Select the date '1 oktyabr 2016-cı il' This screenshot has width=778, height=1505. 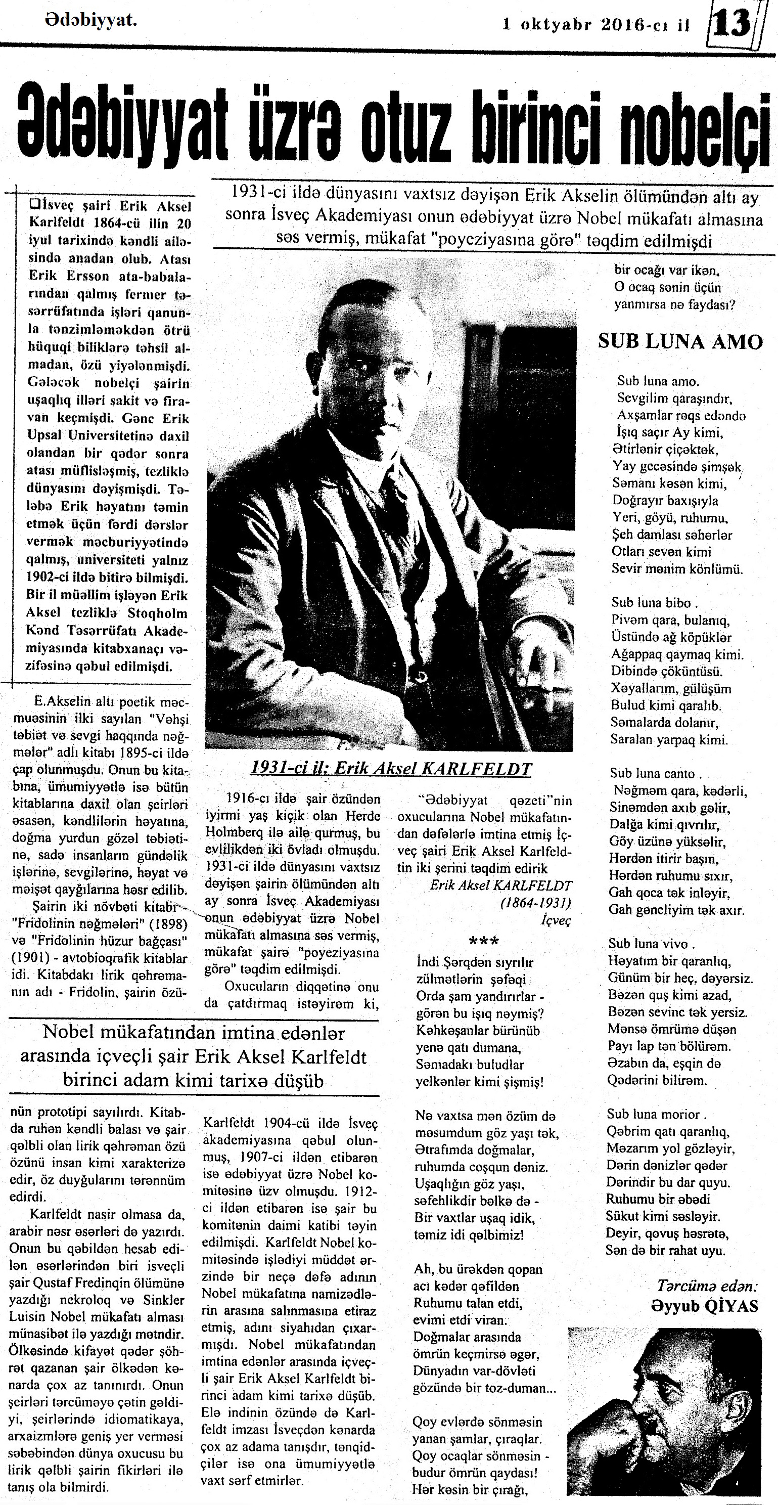[597, 25]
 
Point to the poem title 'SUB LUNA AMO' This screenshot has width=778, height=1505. [680, 342]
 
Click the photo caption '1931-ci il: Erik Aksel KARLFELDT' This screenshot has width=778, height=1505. [390, 768]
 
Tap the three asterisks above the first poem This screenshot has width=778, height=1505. [484, 941]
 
